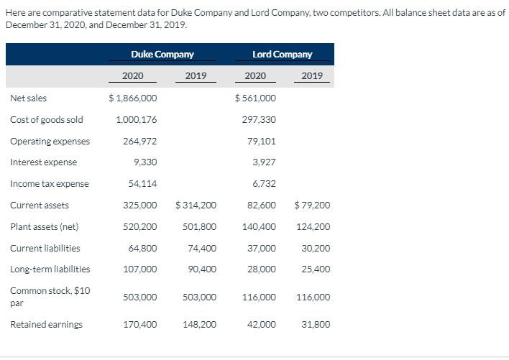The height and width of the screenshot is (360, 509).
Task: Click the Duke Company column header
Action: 162,55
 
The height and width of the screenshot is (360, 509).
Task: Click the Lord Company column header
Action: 283,55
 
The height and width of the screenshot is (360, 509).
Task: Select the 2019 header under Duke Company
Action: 196,76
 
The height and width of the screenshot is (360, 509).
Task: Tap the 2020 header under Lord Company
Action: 255,76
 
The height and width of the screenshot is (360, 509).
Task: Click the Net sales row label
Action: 29,98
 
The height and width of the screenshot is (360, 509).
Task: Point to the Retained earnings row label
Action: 46,325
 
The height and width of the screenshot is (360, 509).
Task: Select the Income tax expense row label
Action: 50,184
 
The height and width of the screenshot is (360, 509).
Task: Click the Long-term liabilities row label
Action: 50,270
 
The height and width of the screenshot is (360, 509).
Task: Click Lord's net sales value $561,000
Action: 255,98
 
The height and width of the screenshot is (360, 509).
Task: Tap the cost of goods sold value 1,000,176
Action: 136,119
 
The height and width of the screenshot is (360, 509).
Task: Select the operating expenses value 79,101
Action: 260,141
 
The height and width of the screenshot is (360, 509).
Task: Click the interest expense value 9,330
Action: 144,162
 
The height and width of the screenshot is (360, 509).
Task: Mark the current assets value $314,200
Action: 196,206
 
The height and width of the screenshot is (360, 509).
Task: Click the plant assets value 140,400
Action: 260,227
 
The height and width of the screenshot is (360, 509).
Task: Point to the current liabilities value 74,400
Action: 201,249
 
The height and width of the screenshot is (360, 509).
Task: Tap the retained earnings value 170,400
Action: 142,325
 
